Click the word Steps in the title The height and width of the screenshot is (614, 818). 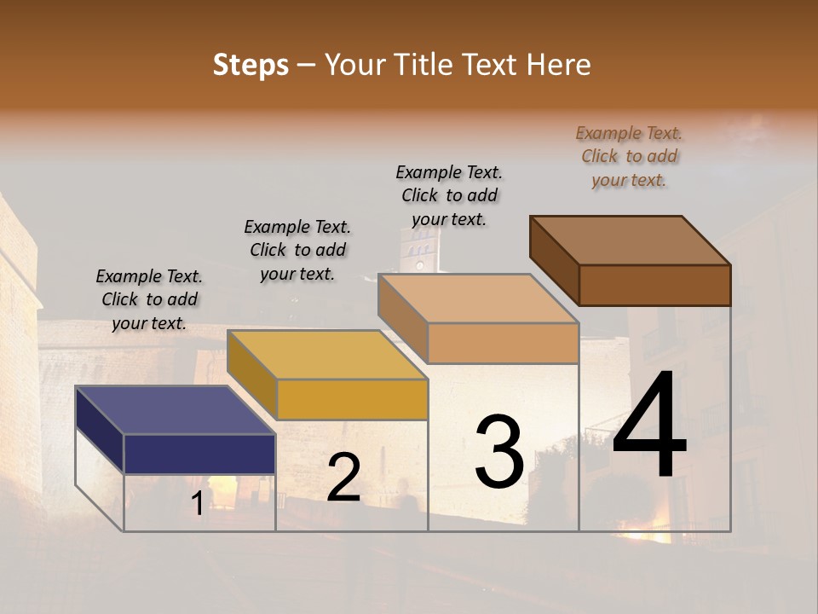[x=251, y=65]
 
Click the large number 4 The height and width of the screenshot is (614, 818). [x=649, y=426]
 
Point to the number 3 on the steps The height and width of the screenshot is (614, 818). [x=499, y=452]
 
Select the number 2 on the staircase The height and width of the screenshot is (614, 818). [x=343, y=478]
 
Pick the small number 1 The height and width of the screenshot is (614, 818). [x=197, y=504]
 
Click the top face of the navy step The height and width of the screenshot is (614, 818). [x=175, y=409]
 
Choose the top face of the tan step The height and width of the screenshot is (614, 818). [x=478, y=298]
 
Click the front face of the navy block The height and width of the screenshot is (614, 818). [x=199, y=454]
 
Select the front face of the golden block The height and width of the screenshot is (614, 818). [x=351, y=399]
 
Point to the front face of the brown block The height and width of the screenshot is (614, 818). [x=654, y=285]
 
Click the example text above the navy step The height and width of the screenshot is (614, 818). [x=149, y=299]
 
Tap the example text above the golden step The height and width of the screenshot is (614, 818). [x=297, y=250]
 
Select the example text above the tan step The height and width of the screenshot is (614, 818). [x=449, y=195]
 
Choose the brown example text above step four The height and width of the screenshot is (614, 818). [x=629, y=156]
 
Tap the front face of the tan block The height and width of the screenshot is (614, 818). [x=503, y=343]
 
